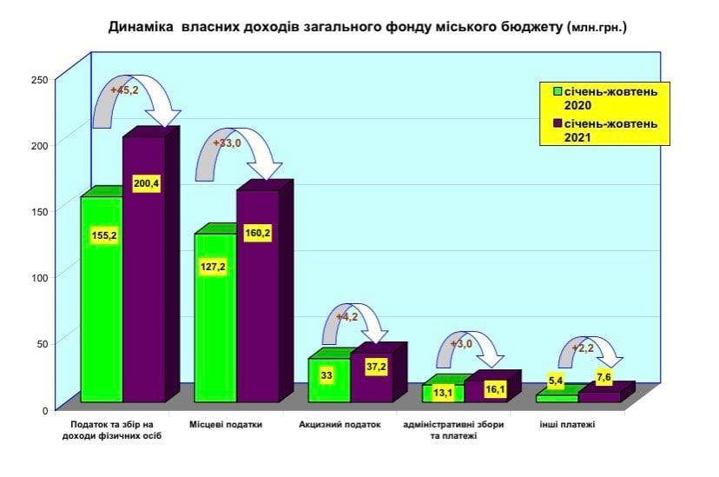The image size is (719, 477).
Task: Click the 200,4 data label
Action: [x=146, y=184]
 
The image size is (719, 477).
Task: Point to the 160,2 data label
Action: [x=258, y=234]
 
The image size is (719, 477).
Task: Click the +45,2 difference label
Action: [x=124, y=89]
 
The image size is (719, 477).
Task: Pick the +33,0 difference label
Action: [x=227, y=143]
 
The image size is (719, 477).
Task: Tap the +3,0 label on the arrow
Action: [x=460, y=344]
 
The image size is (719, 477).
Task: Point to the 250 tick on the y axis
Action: [x=39, y=80]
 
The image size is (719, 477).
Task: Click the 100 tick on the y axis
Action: [x=39, y=277]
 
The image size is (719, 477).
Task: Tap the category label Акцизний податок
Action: [x=340, y=425]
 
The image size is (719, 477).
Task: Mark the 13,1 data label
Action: [x=444, y=393]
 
